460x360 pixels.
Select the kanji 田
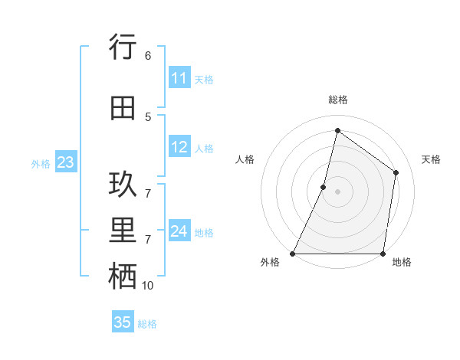[123, 108]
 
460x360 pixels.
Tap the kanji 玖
[123, 185]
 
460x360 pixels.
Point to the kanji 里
[123, 231]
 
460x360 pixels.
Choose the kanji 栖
[123, 277]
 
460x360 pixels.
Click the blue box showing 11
[179, 78]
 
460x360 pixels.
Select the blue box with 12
[179, 147]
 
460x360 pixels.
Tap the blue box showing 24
[179, 231]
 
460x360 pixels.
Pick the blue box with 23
[65, 162]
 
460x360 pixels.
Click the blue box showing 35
[123, 322]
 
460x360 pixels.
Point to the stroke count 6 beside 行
[148, 55]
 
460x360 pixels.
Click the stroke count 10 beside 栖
[148, 286]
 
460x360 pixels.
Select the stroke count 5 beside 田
[148, 116]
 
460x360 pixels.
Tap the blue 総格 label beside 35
[147, 324]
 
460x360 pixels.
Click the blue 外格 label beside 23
[41, 163]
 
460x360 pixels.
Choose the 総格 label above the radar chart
[337, 100]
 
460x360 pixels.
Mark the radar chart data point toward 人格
[324, 187]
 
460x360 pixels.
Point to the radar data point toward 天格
[396, 172]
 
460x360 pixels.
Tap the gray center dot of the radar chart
[337, 191]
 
